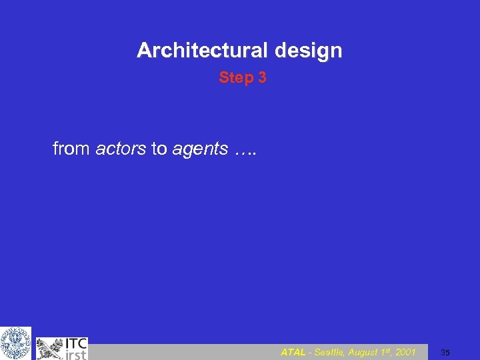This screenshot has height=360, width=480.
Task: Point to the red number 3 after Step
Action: [262, 78]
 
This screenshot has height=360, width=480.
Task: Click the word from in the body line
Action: [71, 149]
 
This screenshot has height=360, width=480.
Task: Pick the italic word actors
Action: [121, 149]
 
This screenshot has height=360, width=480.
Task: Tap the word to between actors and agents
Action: [159, 149]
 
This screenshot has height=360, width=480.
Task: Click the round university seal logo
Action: [15, 343]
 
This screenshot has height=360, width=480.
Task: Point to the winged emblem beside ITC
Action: [50, 348]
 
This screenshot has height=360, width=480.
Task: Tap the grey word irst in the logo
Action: [75, 354]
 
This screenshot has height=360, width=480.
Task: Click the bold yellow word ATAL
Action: [293, 352]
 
